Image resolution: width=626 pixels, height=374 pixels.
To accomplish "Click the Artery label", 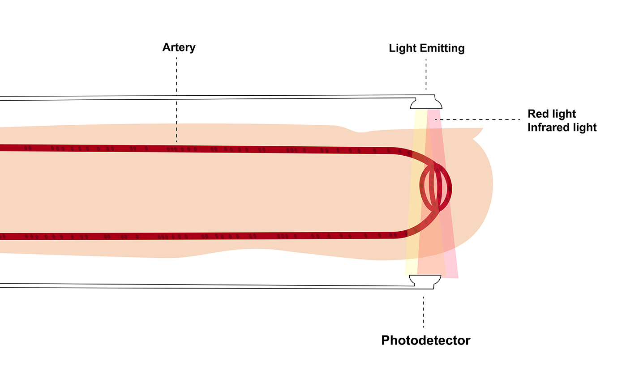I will point(179,47).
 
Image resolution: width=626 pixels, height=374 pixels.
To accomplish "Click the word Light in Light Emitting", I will point(402,48).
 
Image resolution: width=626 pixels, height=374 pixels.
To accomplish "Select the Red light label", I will point(552,114).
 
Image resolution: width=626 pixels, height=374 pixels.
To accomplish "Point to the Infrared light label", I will point(562,127).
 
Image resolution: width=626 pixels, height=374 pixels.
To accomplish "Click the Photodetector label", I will point(425,340).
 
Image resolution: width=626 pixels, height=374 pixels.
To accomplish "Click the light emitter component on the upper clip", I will point(426,103).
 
